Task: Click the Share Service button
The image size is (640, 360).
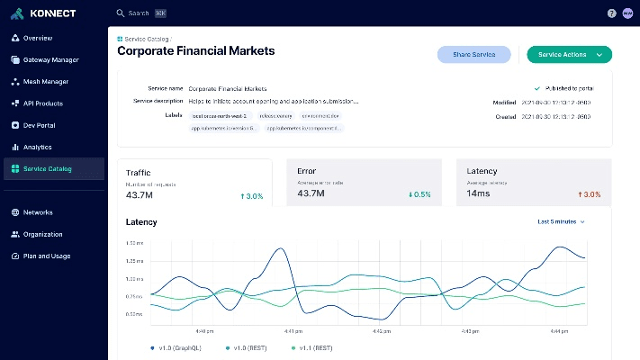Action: coord(473,55)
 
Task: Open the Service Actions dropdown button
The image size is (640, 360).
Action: coord(569,55)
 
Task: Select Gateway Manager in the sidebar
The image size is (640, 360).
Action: coord(50,60)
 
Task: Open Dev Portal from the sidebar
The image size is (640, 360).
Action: coord(39,125)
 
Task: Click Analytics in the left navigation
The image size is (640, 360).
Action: coord(37,147)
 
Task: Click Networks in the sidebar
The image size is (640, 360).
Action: coord(38,212)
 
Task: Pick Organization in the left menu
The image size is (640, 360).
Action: coord(42,234)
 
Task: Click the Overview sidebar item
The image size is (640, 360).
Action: coord(37,39)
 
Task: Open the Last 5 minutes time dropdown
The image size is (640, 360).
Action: coord(561,221)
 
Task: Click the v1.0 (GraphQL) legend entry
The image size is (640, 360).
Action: coord(177,346)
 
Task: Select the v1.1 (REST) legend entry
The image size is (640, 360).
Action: coord(312,346)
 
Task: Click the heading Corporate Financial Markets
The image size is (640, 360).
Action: coord(196,51)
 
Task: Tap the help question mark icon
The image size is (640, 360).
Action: coord(612,13)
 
